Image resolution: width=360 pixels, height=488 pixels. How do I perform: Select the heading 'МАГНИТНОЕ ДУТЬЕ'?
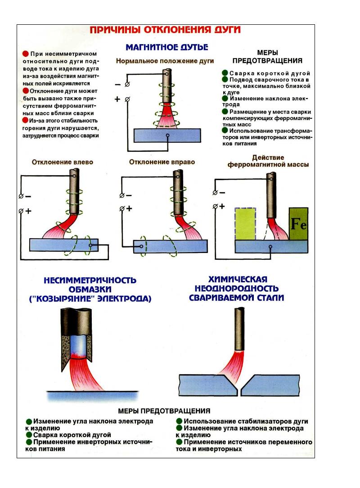[x=166, y=46]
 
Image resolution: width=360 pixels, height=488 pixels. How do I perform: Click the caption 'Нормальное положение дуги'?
[x=165, y=61]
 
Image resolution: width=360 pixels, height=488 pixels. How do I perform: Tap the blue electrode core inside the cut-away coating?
[x=76, y=347]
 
